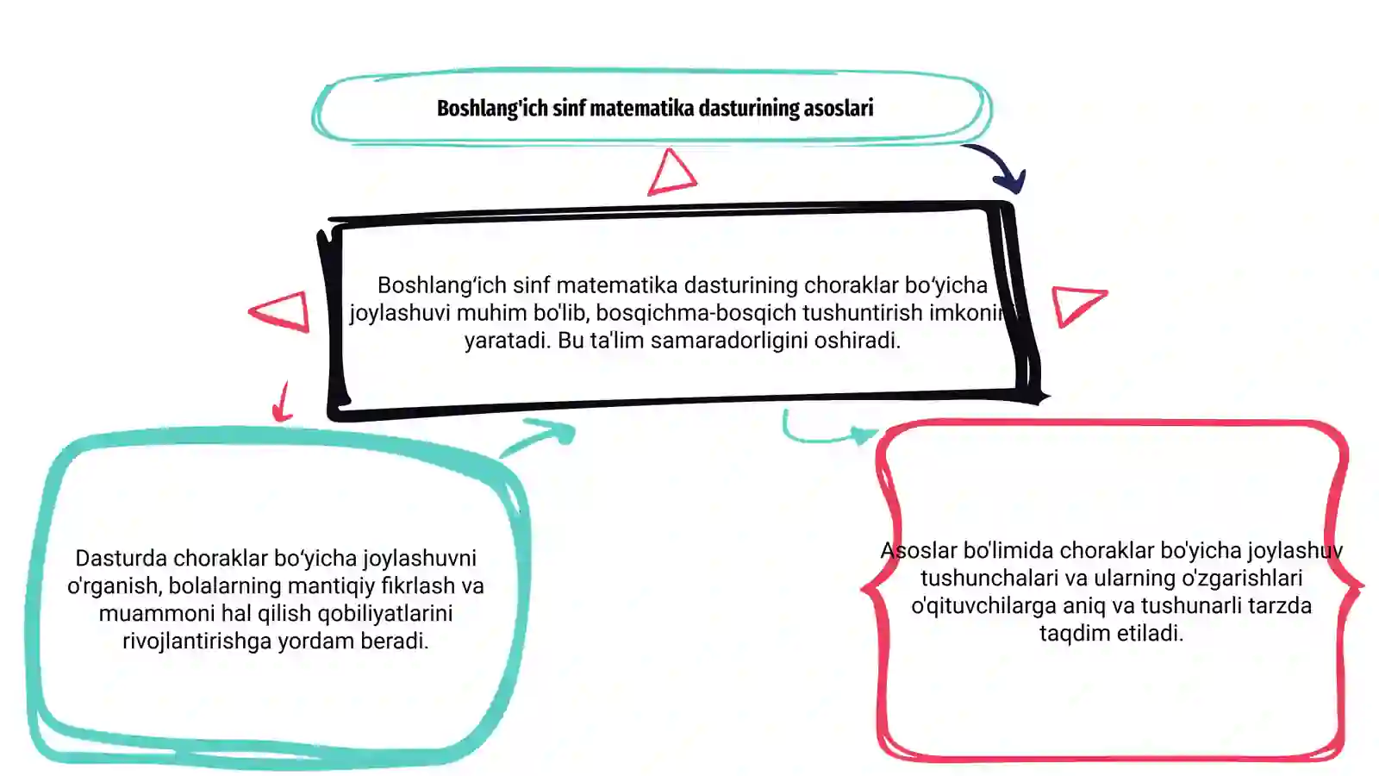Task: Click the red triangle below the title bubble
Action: [671, 172]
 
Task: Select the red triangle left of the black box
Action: [282, 311]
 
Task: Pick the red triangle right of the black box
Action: [1077, 305]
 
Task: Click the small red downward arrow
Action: [283, 402]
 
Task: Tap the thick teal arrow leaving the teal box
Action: [539, 436]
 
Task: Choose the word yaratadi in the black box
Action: [508, 340]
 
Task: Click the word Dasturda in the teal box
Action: [122, 558]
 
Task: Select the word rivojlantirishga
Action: [197, 641]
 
